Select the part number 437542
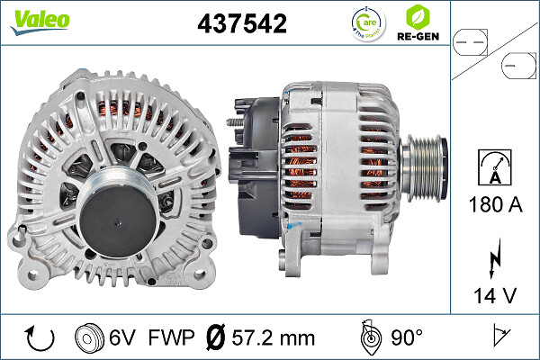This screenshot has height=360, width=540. click(x=242, y=23)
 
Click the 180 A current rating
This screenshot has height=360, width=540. click(x=495, y=204)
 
